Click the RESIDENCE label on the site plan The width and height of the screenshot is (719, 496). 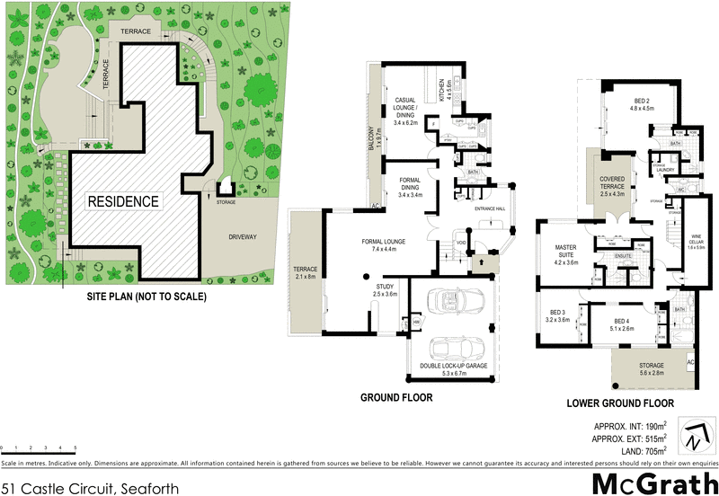(123, 202)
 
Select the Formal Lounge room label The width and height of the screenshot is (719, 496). (384, 245)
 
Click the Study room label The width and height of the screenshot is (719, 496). (385, 290)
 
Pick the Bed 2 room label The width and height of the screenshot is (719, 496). (642, 104)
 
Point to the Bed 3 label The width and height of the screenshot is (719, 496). (558, 315)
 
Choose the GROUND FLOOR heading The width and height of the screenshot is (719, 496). (396, 397)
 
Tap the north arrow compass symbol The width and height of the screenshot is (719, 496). (693, 438)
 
